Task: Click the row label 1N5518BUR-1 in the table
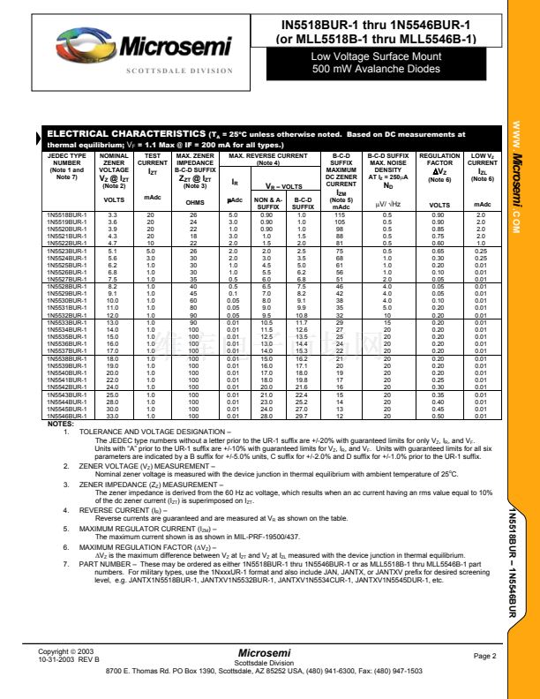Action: click(66, 214)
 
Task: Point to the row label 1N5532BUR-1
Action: click(66, 314)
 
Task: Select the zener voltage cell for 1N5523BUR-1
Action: click(113, 251)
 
